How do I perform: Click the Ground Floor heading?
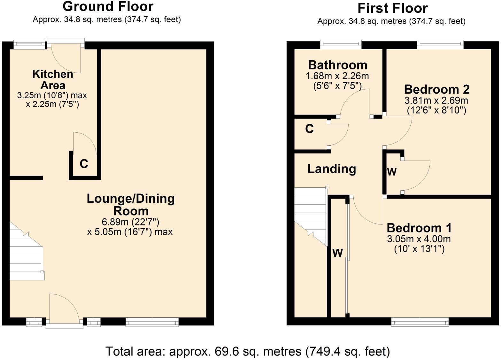[108, 6]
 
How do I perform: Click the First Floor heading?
[392, 8]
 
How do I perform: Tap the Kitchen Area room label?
[53, 80]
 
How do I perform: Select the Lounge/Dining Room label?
[131, 205]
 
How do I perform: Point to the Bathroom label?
[337, 65]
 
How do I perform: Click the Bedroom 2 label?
[437, 89]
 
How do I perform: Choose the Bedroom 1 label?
[419, 228]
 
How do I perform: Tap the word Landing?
[332, 169]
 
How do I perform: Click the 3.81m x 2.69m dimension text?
[436, 100]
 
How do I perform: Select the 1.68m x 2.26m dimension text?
[337, 76]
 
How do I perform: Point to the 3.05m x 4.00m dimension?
[419, 239]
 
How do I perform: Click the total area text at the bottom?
[248, 351]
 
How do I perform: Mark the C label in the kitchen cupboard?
[84, 164]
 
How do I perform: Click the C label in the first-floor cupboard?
[309, 129]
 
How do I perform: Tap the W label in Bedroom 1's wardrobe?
[338, 253]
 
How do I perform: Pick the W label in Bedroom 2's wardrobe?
[392, 172]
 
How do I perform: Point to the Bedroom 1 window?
[420, 322]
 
